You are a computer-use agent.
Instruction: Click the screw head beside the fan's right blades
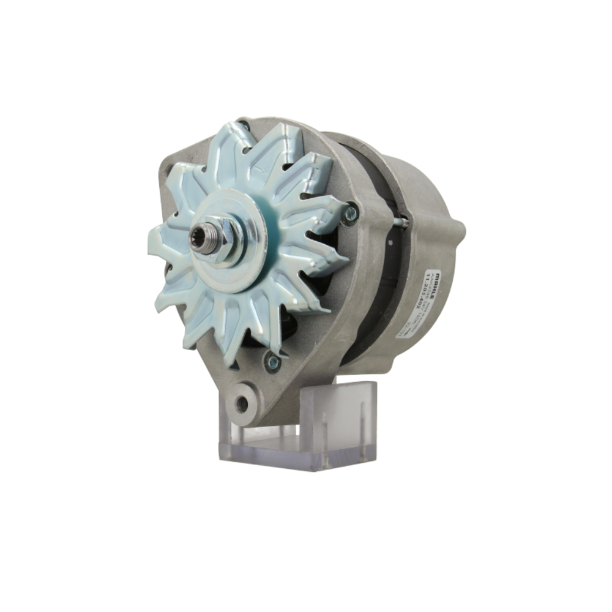click(x=351, y=213)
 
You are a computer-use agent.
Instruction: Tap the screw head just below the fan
click(x=272, y=361)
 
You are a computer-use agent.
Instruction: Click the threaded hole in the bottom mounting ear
click(x=242, y=403)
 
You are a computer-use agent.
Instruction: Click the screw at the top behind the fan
click(x=245, y=127)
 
